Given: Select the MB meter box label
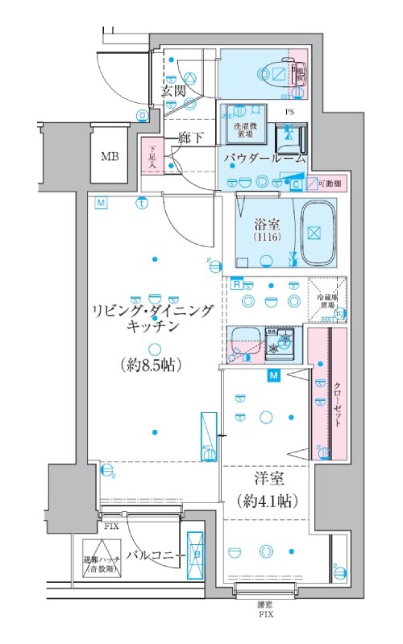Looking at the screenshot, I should (110, 155).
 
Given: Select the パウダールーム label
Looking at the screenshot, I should (265, 159).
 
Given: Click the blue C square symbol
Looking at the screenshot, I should (297, 184).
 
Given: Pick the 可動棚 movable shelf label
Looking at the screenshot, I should (326, 184).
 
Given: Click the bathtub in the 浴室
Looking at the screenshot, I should (316, 233).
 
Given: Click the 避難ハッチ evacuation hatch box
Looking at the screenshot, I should (101, 563).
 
